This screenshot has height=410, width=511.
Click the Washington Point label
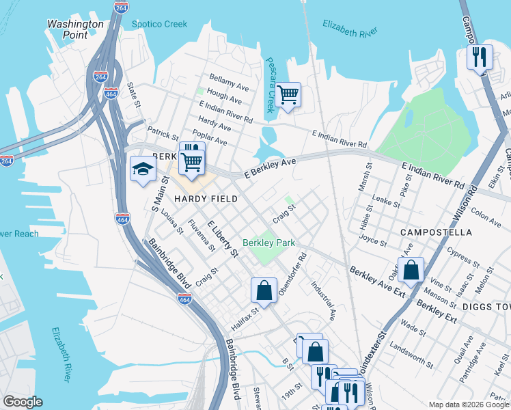pyautogui.click(x=75, y=29)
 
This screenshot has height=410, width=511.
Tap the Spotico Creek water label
pyautogui.click(x=159, y=24)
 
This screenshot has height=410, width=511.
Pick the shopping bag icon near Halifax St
pyautogui.click(x=264, y=290)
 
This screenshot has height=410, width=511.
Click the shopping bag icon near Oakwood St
pyautogui.click(x=411, y=270)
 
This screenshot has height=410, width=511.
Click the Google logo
pyautogui.click(x=23, y=402)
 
